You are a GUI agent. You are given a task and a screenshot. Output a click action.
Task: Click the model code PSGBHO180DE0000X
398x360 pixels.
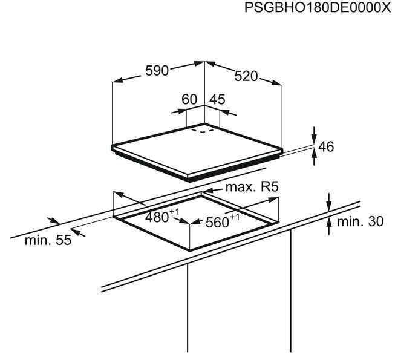pos(318,8)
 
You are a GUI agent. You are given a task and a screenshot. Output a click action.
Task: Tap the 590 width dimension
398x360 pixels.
pos(157,71)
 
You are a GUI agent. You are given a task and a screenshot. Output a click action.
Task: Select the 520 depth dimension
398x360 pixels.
pos(246,76)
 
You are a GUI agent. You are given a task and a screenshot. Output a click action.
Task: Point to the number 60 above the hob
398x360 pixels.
pos(189,99)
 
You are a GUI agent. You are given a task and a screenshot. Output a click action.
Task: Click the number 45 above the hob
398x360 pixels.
pos(217,99)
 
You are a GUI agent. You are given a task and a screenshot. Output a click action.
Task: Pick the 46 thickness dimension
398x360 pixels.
pos(326,146)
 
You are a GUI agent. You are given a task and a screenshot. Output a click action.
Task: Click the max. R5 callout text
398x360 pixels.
pos(252,187)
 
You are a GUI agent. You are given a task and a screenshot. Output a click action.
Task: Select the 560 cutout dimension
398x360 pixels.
pos(222,221)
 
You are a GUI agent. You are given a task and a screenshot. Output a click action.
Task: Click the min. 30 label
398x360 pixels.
pos(360,221)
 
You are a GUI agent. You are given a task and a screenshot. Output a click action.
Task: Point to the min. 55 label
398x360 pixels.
pos(48,240)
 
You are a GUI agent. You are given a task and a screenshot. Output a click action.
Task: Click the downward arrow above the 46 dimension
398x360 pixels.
pos(315,135)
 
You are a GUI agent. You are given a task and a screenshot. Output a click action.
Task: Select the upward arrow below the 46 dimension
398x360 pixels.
pos(315,157)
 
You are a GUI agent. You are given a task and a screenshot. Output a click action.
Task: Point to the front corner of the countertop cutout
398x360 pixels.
pos(189,250)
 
